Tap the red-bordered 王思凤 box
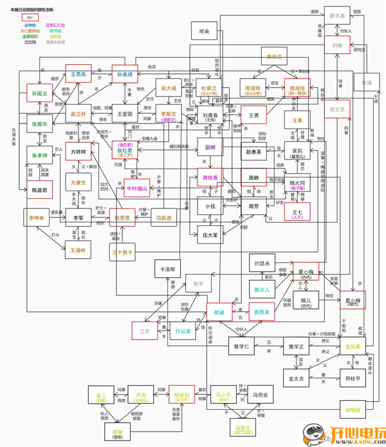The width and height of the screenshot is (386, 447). [x=79, y=75]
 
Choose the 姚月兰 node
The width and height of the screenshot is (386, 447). [x=275, y=57]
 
